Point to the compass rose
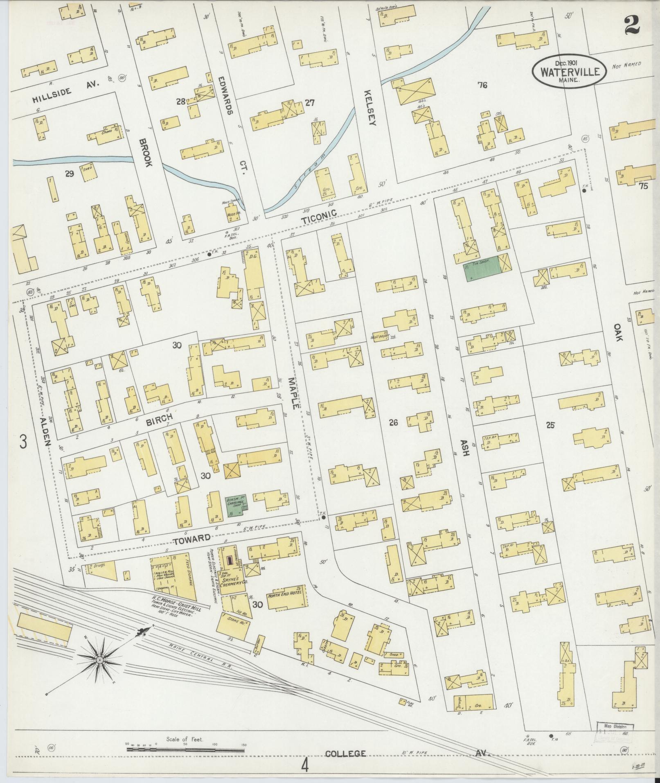tap(99, 660)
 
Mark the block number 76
tap(483, 85)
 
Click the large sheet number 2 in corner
tap(632, 25)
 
